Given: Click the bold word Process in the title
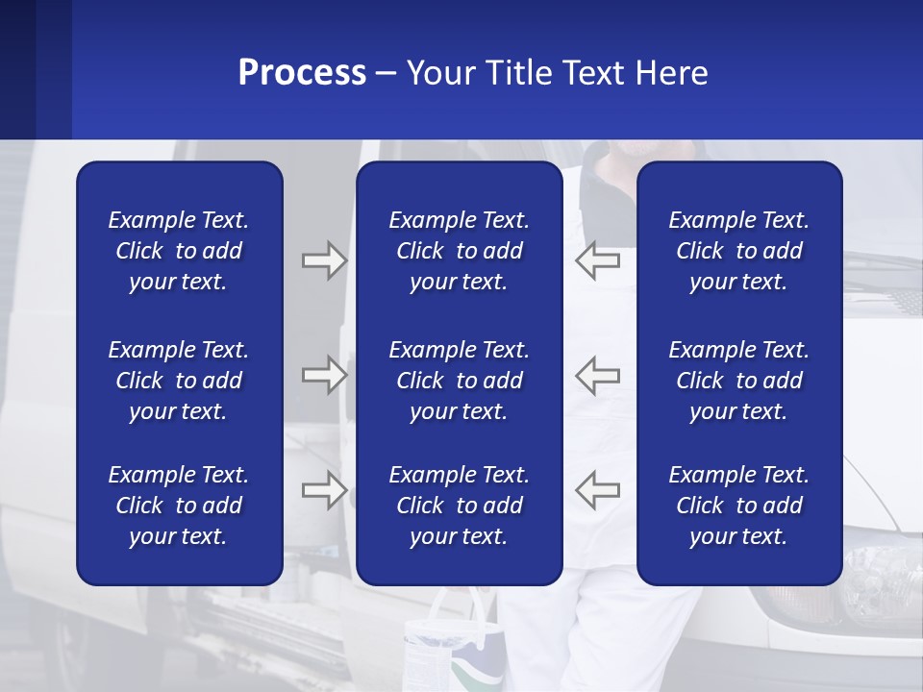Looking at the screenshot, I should point(302,73).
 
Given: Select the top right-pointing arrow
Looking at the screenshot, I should point(324,260).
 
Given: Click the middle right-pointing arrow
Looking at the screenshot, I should point(324,375).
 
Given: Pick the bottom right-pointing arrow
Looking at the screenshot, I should point(324,490).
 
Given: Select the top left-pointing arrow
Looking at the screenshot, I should point(598,260).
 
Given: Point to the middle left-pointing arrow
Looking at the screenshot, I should point(598,375).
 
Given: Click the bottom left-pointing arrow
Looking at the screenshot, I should point(598,490).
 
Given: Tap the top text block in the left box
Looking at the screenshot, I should point(179,251).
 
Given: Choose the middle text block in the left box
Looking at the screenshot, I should point(179,381).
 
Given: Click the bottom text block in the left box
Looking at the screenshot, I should point(179,506).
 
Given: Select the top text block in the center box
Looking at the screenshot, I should point(459,251).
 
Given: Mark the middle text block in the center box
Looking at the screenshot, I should point(459,381).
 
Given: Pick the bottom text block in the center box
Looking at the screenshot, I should point(459,506).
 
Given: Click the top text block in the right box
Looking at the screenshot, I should point(738,251).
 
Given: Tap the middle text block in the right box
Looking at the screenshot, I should point(738,381).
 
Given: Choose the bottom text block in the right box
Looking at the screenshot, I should point(738,506).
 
